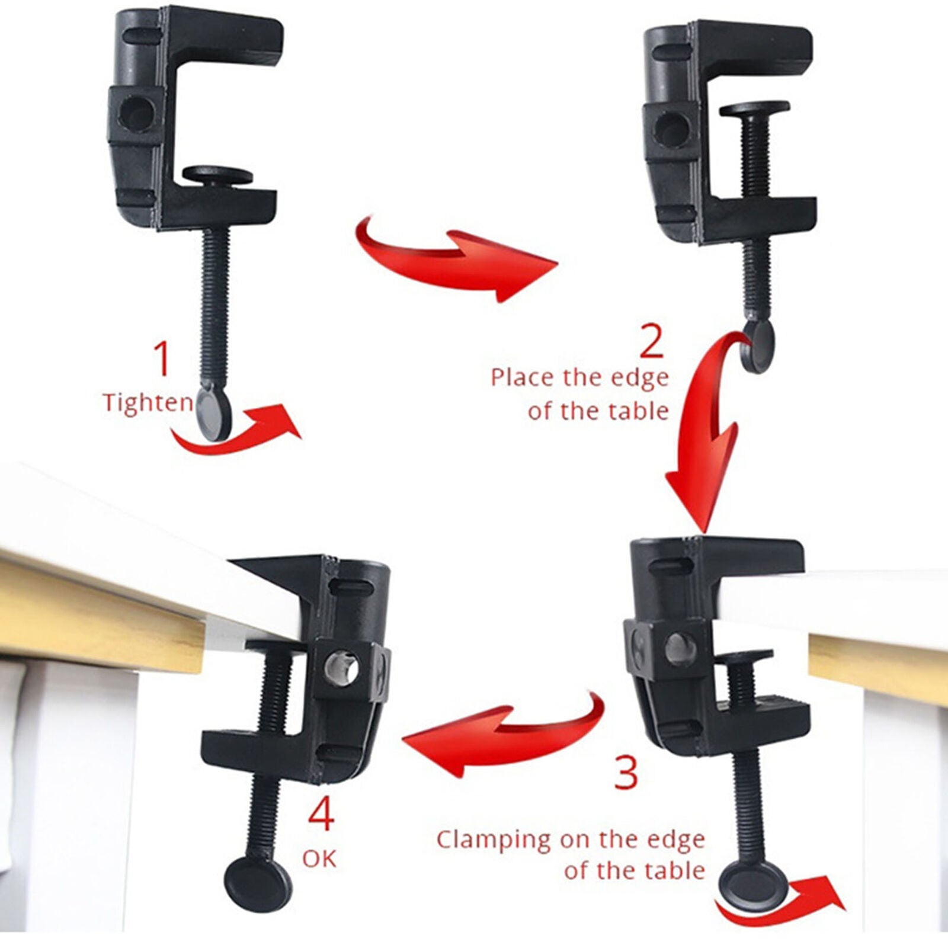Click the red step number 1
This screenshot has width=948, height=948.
pyautogui.click(x=161, y=359)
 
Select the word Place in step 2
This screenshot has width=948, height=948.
pyautogui.click(x=523, y=377)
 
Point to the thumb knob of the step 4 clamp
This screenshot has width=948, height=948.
pyautogui.click(x=258, y=883)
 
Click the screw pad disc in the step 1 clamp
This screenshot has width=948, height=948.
pyautogui.click(x=217, y=175)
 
